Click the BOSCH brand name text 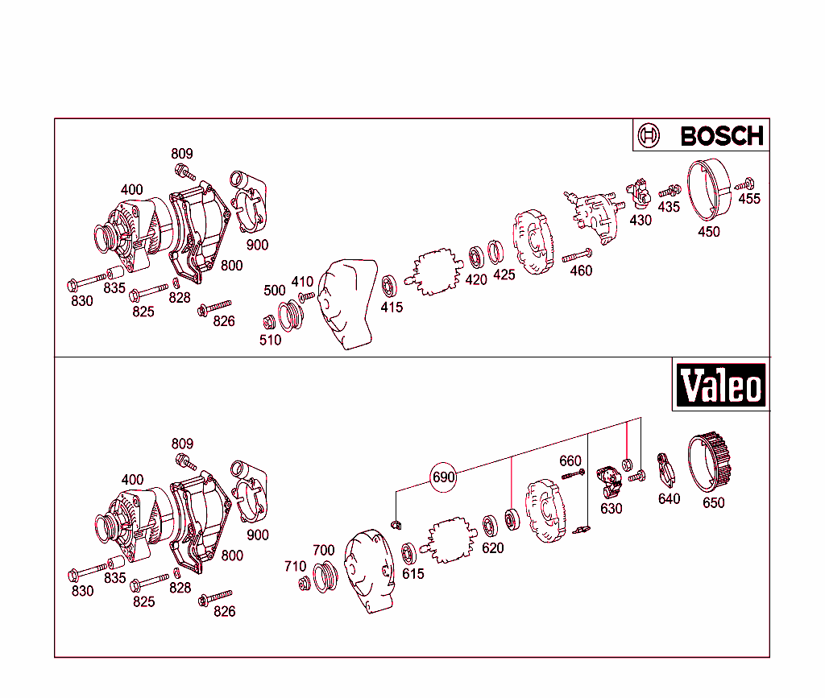pos(721,136)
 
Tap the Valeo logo pos(720,386)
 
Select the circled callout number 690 pos(444,477)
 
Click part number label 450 pos(709,232)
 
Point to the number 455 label pos(749,199)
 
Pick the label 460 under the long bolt pos(581,271)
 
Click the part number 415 pos(392,307)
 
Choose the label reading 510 pos(271,340)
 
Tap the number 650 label pos(714,503)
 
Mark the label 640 pos(669,498)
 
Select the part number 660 pos(570,461)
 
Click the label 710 pos(295,566)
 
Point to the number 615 pos(413,573)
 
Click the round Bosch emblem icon pos(649,136)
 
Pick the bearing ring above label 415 pos(390,285)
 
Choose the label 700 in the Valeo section pos(323,551)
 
